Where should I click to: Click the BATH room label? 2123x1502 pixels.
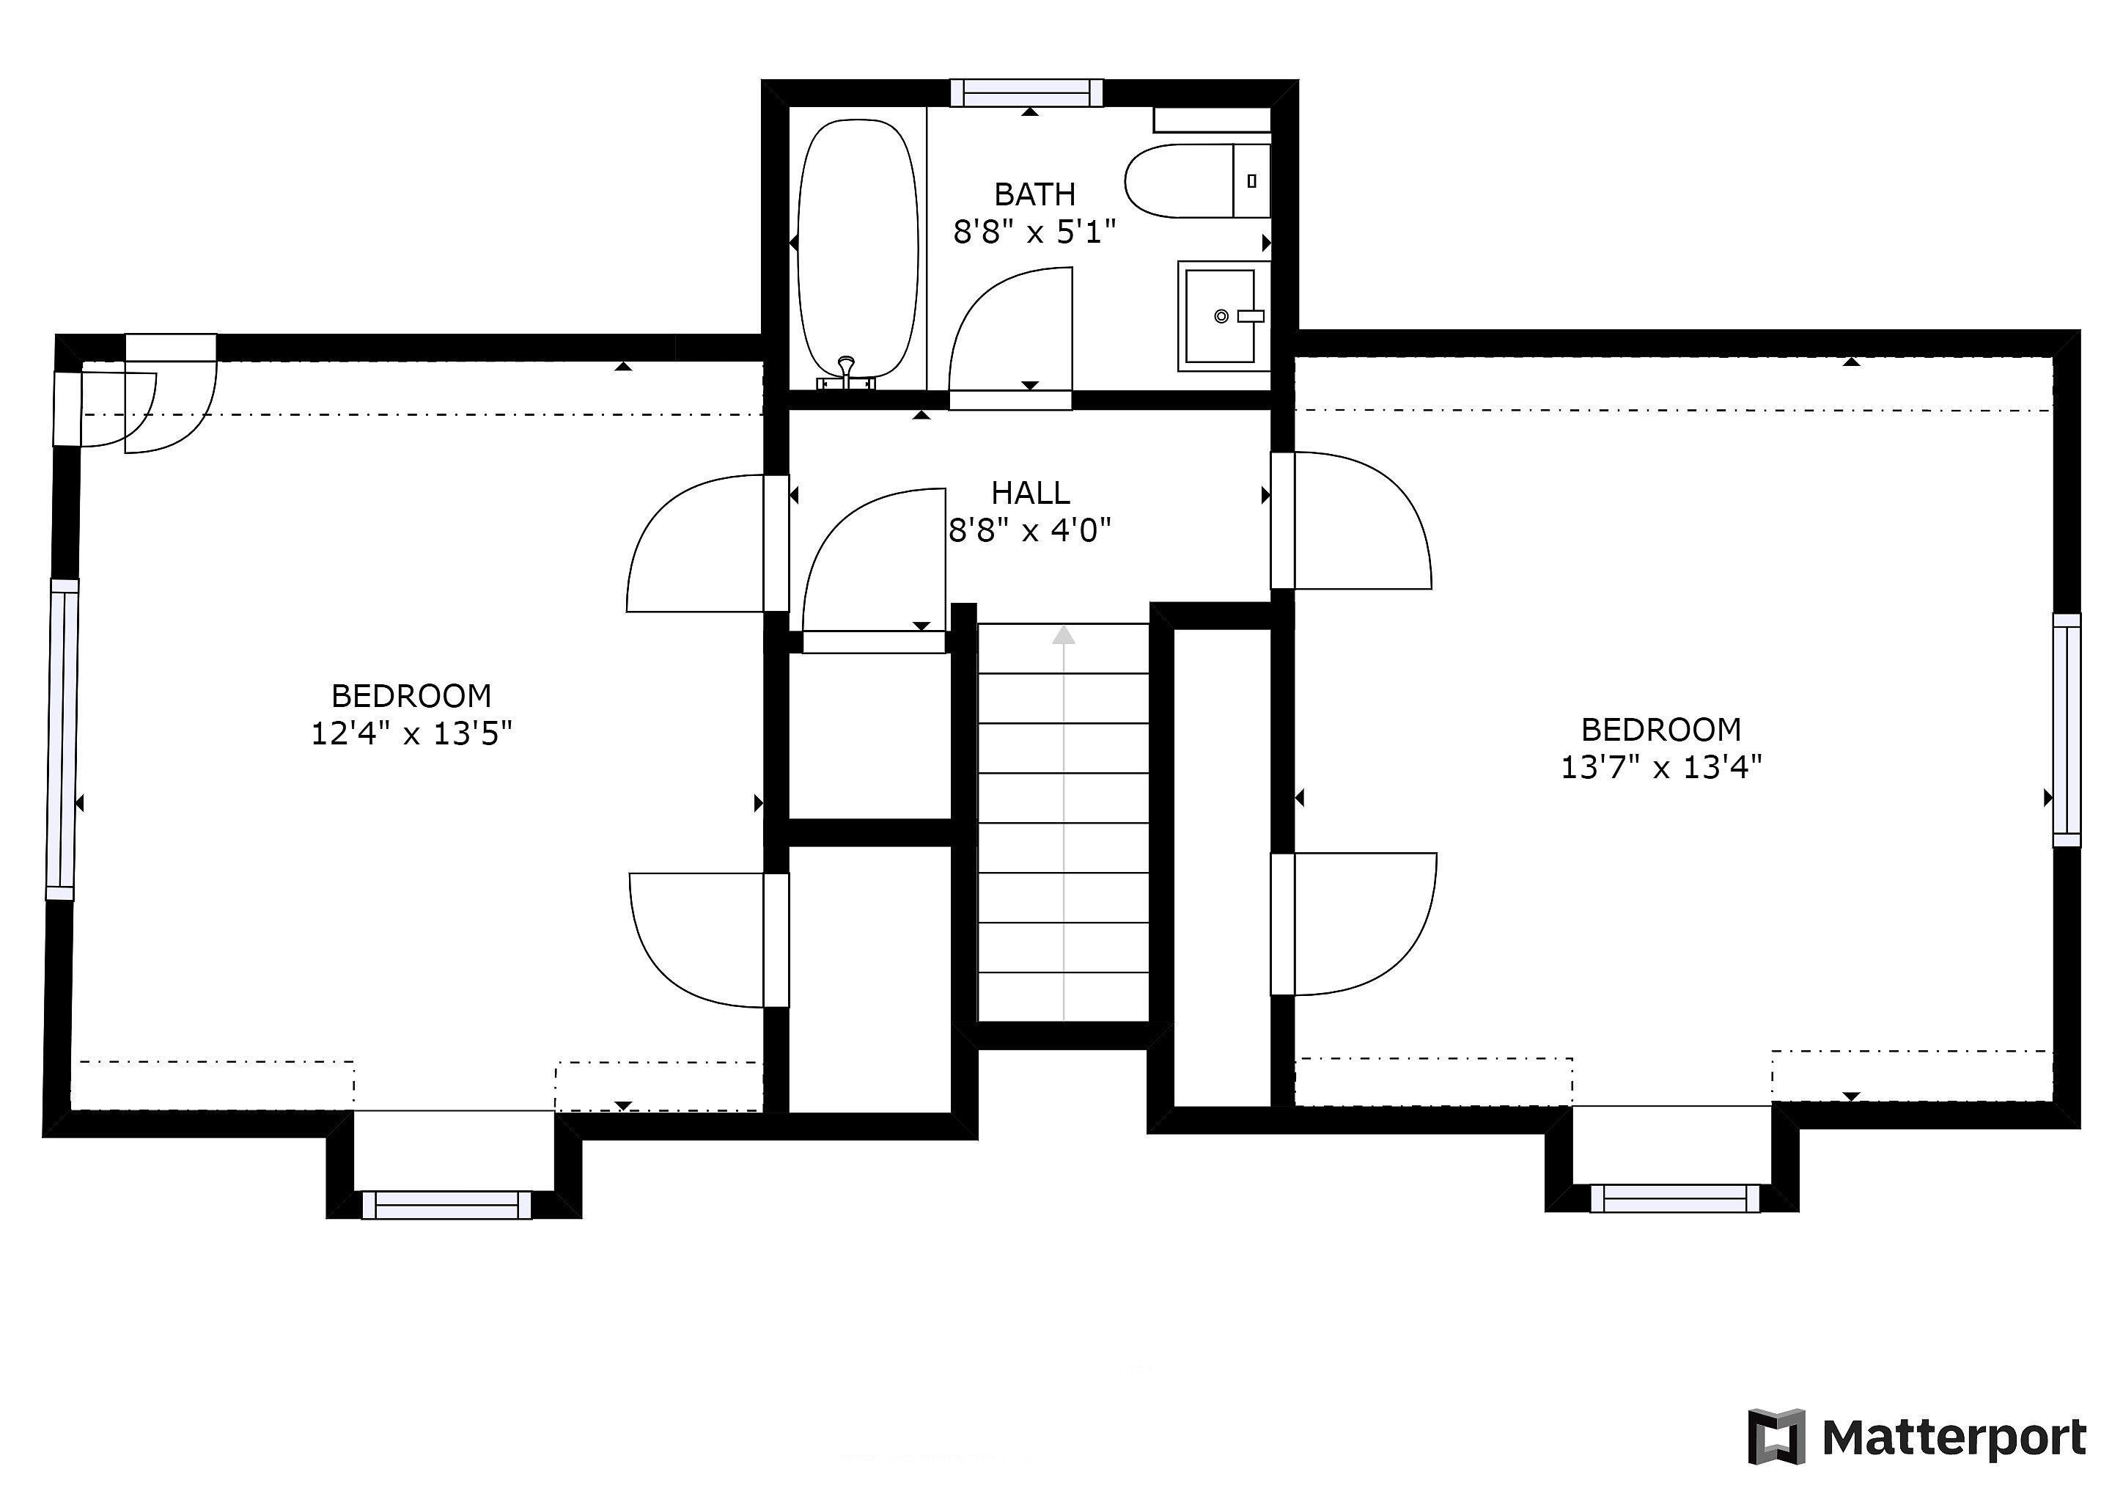tap(1034, 194)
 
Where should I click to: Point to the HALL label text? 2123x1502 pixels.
tap(1031, 493)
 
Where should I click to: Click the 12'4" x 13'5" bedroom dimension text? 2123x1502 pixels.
tap(411, 733)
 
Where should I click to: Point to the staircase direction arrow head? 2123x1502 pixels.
tap(1064, 634)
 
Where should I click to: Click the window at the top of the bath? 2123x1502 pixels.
tap(1027, 92)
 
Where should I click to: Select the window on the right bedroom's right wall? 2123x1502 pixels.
tap(2067, 730)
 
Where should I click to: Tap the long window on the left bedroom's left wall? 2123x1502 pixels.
tap(62, 740)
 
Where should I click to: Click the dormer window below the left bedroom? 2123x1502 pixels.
tap(446, 1205)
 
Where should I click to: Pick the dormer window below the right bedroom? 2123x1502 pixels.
tap(1674, 1198)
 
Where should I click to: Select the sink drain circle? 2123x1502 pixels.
tap(1221, 316)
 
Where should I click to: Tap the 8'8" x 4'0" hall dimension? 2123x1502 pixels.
tap(1030, 531)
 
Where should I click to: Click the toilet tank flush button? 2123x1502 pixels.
tap(1251, 181)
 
